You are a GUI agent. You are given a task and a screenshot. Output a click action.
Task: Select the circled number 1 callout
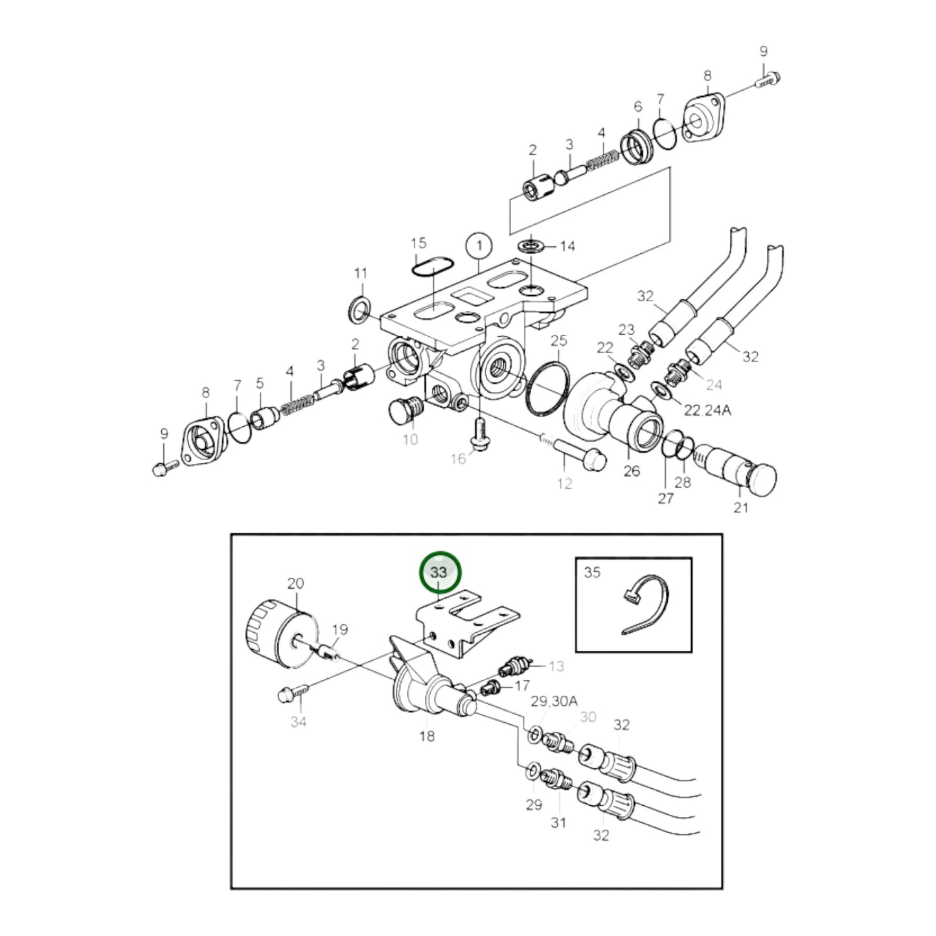[x=479, y=246]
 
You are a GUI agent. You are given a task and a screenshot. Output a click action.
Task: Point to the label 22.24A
[x=708, y=410]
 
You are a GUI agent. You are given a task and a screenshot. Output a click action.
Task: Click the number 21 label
[x=740, y=508]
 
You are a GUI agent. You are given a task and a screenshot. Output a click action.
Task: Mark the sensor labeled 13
[x=514, y=667]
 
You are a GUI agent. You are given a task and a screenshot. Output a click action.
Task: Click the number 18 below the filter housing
[x=427, y=736]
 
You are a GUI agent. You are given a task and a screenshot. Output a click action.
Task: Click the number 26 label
[x=631, y=470]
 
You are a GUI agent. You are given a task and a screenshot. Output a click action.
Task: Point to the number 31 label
[x=558, y=822]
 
